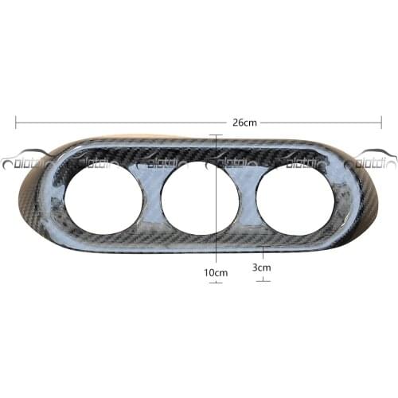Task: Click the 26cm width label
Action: [244, 123]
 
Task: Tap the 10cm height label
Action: [216, 272]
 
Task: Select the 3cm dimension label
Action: [261, 268]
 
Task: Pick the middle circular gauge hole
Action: [199, 197]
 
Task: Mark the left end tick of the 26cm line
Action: [17, 123]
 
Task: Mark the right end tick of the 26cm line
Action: [381, 123]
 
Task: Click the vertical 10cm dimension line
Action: [217, 199]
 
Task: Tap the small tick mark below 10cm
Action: [216, 283]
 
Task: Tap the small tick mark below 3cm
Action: [263, 280]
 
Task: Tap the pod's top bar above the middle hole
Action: [199, 151]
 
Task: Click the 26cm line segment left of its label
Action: [119, 123]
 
